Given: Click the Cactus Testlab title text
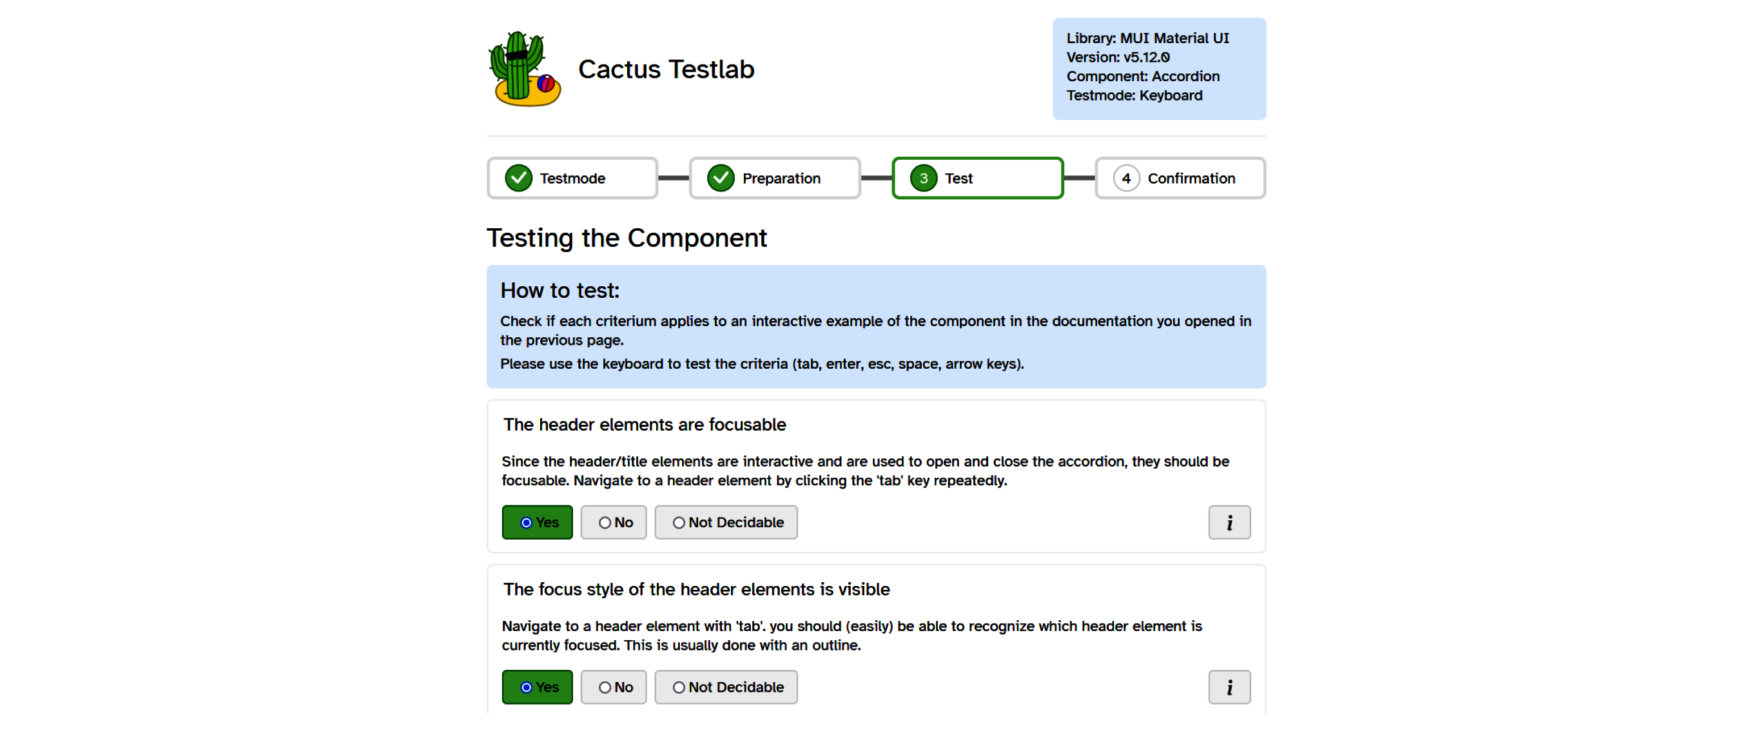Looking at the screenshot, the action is pos(666,70).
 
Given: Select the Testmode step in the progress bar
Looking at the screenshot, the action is pos(572,178).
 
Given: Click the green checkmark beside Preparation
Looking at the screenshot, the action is pos(720,178).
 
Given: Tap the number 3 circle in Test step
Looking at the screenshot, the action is pos(923,178).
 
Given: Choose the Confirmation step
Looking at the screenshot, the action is pos(1180,178).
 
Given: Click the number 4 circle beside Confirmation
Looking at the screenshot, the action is pos(1126,178).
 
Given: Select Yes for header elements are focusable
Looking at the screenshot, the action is pos(538,522).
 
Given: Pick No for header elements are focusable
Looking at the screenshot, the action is pos(614,522).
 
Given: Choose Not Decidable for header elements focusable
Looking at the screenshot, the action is pos(726,522).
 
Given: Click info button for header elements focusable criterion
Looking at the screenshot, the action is pos(1229,522).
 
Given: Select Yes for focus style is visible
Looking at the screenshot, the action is pos(538,687).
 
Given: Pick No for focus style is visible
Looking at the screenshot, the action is pos(614,687).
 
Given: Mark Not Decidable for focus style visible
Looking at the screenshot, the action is pos(726,687).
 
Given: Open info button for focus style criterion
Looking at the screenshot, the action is pos(1229,687).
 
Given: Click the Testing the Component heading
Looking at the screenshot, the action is pos(627,238).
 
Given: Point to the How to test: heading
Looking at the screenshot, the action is pos(560,291).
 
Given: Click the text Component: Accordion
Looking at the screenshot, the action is pos(1143,76).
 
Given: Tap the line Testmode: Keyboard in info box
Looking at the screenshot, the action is pos(1134,95).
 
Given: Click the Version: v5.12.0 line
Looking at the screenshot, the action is pos(1118,57).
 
